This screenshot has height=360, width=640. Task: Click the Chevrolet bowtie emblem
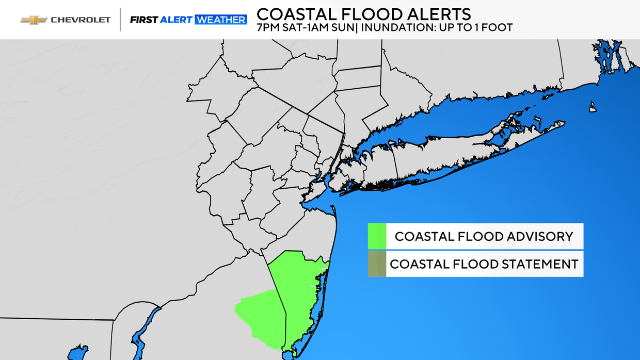click(34, 20)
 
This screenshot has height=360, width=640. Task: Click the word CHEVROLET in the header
click(81, 20)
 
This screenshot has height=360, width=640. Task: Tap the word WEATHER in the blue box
click(220, 20)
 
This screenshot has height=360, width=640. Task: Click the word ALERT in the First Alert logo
click(176, 20)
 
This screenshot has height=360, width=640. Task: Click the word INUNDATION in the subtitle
click(396, 27)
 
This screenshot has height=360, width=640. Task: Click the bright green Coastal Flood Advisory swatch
click(377, 236)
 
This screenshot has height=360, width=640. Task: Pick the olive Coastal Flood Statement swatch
click(377, 264)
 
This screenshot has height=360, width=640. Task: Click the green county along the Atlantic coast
click(297, 289)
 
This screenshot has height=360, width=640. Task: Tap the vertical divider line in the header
click(120, 20)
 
